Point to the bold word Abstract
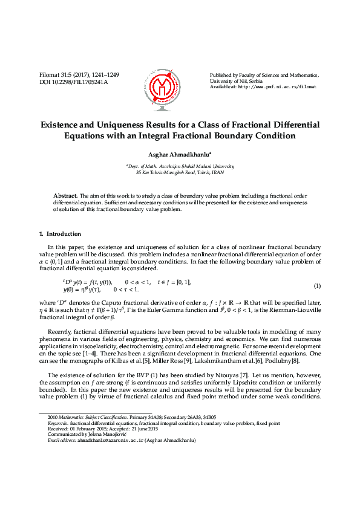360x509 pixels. tap(65, 196)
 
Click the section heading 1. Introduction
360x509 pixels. tap(60, 233)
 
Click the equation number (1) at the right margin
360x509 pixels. tap(317, 285)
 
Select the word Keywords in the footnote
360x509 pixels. tap(58, 423)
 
